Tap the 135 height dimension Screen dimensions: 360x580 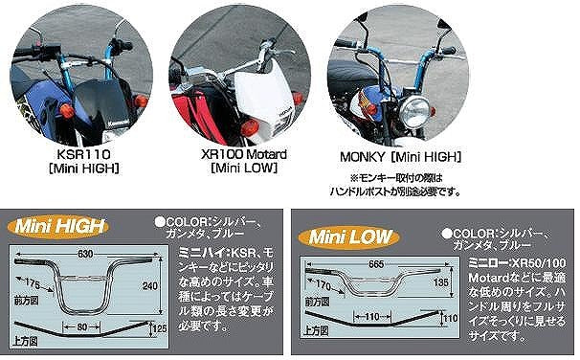pos(441,282)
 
